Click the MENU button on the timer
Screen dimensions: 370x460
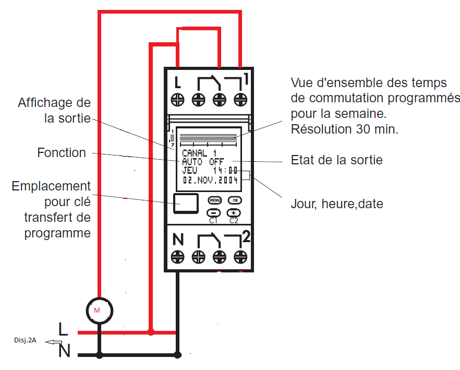click(x=215, y=200)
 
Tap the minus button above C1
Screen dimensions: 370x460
click(x=214, y=212)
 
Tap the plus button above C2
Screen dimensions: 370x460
click(x=234, y=212)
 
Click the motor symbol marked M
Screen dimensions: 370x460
click(x=97, y=310)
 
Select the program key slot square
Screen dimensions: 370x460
click(x=186, y=203)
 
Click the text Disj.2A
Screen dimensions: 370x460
click(x=25, y=340)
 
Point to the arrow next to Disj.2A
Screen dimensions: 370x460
click(x=51, y=342)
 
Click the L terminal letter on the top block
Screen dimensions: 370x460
click(x=178, y=82)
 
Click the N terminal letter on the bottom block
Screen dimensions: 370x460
click(x=178, y=240)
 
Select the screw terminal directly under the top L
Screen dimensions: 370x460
click(x=178, y=99)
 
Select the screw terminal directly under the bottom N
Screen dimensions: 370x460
click(x=178, y=257)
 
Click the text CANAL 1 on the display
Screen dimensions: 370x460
click(x=199, y=153)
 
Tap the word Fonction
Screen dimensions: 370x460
click(x=62, y=153)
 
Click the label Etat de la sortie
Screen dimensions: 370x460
click(x=336, y=160)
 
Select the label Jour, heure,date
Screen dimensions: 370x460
click(x=336, y=204)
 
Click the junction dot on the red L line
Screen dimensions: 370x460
click(x=151, y=332)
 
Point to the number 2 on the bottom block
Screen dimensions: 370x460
click(x=246, y=237)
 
